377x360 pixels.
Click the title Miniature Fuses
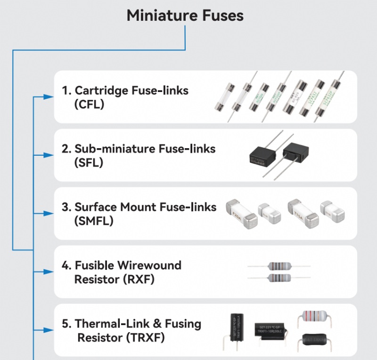pyautogui.click(x=185, y=15)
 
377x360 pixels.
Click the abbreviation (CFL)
pyautogui.click(x=89, y=105)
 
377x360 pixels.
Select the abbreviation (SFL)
pyautogui.click(x=89, y=163)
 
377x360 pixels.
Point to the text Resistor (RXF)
pyautogui.click(x=115, y=279)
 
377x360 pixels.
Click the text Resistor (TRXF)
pyautogui.click(x=121, y=338)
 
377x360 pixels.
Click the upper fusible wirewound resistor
pyautogui.click(x=279, y=266)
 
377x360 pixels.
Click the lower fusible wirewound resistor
pyautogui.click(x=279, y=278)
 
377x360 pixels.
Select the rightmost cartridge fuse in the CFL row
pyautogui.click(x=326, y=98)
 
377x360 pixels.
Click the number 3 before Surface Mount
pyautogui.click(x=66, y=207)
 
